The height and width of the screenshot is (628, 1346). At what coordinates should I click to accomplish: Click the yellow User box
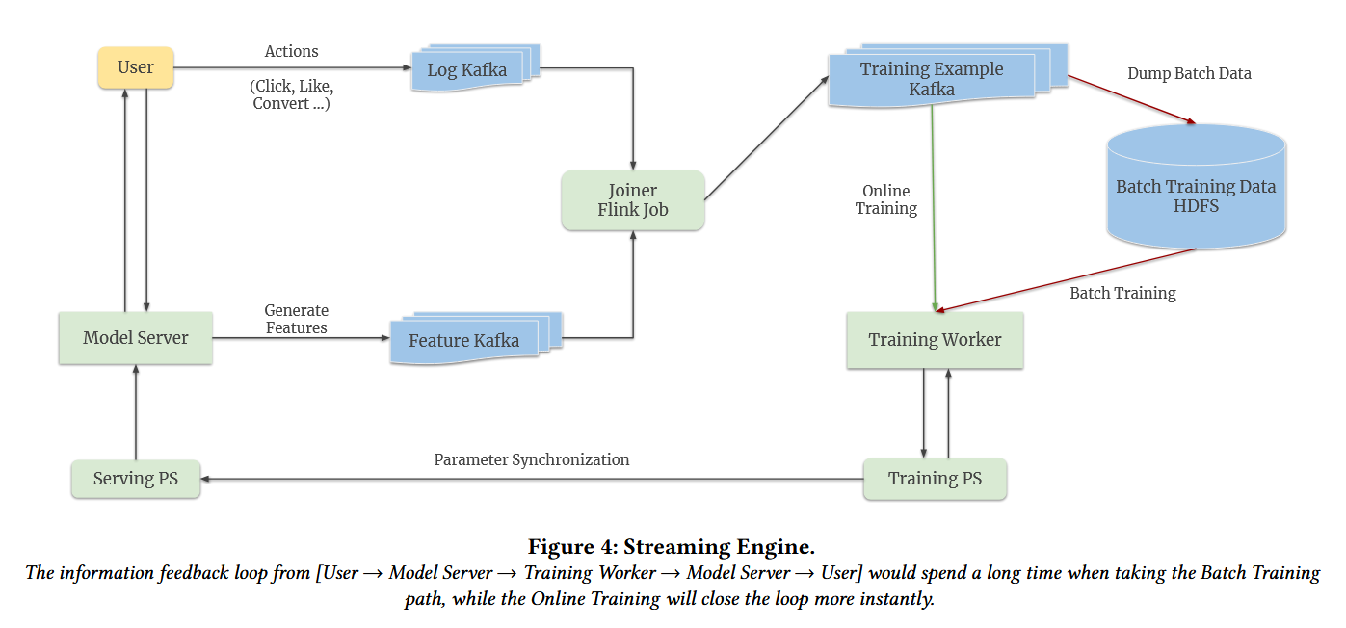[x=136, y=67]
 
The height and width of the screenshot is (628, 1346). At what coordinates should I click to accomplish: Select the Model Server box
[x=136, y=338]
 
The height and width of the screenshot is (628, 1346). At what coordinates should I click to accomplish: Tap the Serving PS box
[x=136, y=479]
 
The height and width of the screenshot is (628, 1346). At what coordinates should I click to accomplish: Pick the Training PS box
[x=935, y=479]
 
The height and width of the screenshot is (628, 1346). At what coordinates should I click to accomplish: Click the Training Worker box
[x=935, y=340]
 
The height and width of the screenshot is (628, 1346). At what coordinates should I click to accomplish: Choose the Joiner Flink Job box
[x=633, y=200]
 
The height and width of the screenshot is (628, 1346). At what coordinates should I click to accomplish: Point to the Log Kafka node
[x=467, y=70]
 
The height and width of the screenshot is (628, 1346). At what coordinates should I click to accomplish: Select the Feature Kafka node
[x=464, y=341]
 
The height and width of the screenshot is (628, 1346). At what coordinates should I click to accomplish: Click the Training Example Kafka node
[x=932, y=79]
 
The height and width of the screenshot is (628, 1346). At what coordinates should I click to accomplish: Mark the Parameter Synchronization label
[x=532, y=459]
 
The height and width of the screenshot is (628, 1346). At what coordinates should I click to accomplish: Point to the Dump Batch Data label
[x=1189, y=73]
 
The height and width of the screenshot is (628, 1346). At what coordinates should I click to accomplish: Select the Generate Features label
[x=297, y=319]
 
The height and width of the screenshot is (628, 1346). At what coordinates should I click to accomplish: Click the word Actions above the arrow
[x=292, y=51]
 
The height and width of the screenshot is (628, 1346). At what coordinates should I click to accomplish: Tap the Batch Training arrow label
[x=1122, y=293]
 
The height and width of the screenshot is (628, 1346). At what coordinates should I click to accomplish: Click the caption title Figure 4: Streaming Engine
[x=672, y=547]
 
